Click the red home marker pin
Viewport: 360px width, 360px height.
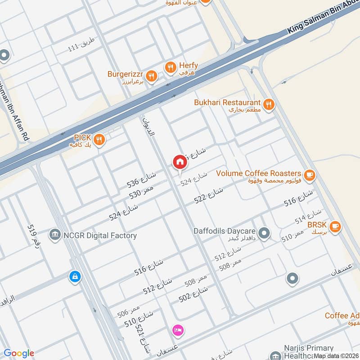coord(180,162)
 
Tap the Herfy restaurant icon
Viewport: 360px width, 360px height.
coord(170,68)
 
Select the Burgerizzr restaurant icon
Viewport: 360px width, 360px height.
coord(152,76)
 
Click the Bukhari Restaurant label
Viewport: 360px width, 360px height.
coord(227,103)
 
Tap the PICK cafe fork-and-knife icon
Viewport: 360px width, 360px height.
coord(99,139)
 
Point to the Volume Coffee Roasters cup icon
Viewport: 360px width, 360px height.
coord(309,175)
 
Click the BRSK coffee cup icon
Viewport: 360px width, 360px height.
coord(334,227)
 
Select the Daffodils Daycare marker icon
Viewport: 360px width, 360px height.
coord(265,233)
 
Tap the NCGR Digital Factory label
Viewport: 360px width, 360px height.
coord(100,235)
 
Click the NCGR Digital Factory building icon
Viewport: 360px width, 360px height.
coord(55,235)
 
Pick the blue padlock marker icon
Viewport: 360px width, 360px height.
coord(75,276)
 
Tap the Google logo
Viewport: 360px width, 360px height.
coord(19,353)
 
